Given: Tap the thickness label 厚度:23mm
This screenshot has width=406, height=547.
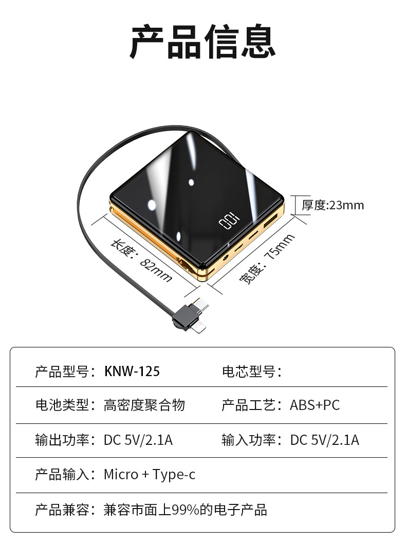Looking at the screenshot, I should [333, 205].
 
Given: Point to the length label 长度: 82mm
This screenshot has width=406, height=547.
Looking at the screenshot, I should [142, 261].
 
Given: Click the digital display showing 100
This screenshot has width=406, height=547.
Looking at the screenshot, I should [229, 222].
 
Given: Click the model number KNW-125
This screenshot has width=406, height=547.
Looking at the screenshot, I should [132, 371].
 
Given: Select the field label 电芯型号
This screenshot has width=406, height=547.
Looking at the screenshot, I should [251, 371].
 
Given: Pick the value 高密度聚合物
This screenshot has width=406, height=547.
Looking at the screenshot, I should [144, 405].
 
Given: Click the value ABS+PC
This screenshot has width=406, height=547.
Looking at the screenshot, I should [315, 405].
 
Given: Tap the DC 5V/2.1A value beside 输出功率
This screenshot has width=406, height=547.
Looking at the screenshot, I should [138, 440].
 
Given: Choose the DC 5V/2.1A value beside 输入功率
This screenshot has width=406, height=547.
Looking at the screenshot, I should [325, 440].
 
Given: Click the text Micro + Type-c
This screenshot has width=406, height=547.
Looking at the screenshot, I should [150, 474].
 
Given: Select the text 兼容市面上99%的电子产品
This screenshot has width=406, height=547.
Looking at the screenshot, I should [185, 510].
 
